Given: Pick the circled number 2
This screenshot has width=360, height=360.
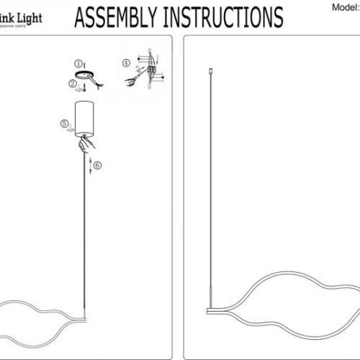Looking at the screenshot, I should click(x=72, y=84).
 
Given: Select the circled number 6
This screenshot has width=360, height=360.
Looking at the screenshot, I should click(x=98, y=165).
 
